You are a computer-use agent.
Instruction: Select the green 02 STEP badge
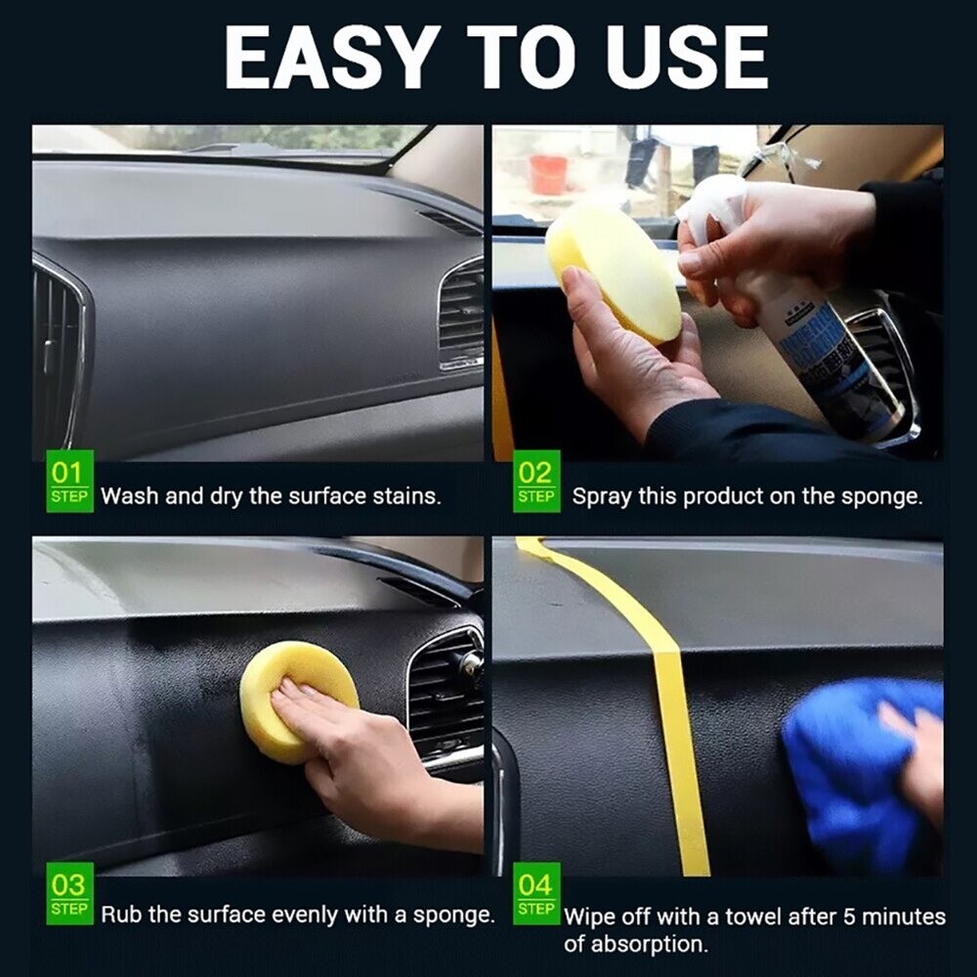pos(535,482)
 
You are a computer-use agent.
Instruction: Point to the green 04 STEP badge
pos(535,897)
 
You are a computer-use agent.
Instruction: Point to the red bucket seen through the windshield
pos(548,175)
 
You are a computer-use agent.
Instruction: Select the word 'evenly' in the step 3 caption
pos(303,915)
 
